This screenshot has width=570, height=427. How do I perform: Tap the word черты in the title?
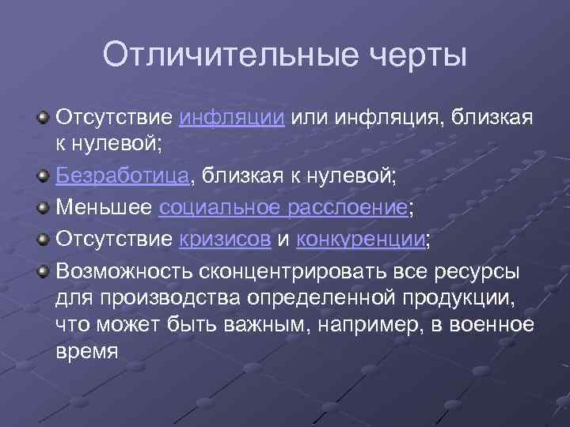coord(412,56)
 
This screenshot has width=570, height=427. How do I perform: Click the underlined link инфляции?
coord(232,119)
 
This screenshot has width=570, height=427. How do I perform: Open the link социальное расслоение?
coord(283,208)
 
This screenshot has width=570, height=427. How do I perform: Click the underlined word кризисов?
coord(225,240)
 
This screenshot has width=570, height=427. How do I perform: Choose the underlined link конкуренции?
coord(360,240)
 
